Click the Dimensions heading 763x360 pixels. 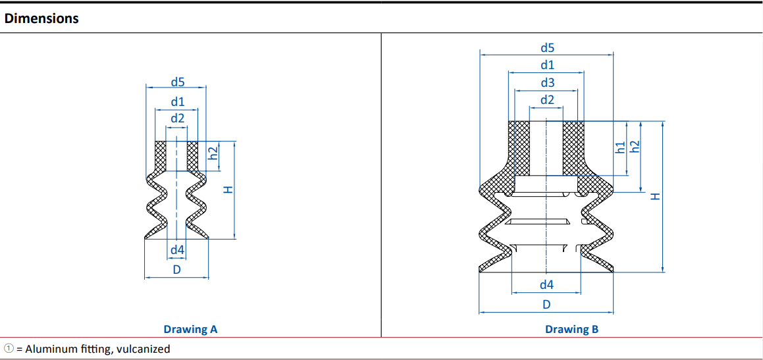[41, 19]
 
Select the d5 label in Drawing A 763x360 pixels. [178, 82]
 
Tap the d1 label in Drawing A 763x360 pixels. [177, 103]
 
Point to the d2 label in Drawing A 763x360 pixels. [177, 118]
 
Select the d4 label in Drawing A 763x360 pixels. [177, 251]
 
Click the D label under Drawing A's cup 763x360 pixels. [177, 270]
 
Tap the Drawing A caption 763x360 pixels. [190, 329]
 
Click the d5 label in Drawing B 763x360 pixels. [548, 47]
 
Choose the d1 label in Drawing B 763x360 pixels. [548, 65]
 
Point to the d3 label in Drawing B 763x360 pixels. [548, 83]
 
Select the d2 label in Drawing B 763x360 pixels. [548, 100]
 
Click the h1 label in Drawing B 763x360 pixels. [620, 148]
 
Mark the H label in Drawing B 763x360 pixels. [656, 196]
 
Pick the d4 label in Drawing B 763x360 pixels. [547, 285]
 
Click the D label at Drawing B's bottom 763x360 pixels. [546, 305]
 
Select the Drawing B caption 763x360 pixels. [572, 329]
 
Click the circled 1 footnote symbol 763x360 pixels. [9, 348]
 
